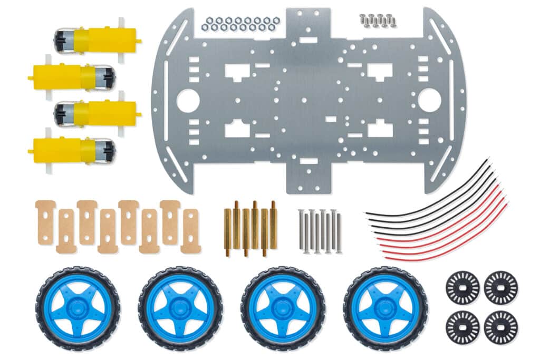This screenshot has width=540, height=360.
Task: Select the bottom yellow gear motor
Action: (x=71, y=151)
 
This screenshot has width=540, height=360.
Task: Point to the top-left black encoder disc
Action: (x=462, y=288)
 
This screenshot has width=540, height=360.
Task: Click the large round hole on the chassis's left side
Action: (x=188, y=100)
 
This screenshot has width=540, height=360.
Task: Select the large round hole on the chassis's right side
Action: (x=429, y=100)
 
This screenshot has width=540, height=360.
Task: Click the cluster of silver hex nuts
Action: (x=240, y=24)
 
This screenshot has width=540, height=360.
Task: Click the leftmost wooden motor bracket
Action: (x=45, y=222)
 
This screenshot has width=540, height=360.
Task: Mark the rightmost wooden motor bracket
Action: (x=190, y=231)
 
